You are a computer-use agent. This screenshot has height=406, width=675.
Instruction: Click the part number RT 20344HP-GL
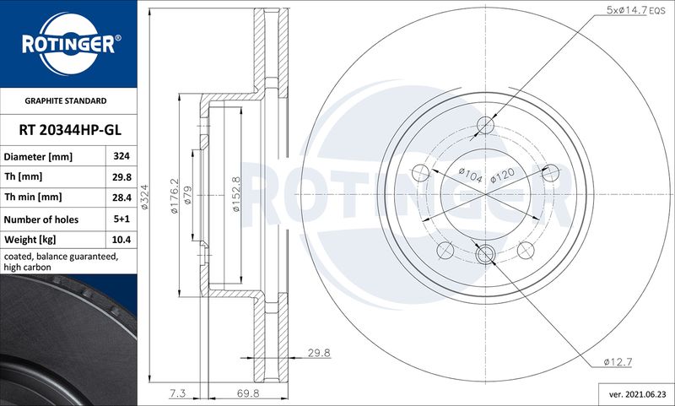coord(70,130)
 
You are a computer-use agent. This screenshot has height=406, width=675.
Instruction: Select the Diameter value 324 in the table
coord(121,156)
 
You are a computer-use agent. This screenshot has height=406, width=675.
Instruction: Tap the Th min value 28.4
coord(121,198)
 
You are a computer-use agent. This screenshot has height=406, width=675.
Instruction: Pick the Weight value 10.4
coord(121,240)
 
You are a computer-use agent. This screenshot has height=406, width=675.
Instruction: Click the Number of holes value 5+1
coord(121,219)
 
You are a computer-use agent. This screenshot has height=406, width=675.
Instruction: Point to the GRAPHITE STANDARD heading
coord(66,100)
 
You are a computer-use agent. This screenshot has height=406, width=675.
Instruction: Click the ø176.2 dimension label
coord(175,196)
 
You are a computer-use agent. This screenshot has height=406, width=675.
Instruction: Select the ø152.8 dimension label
coord(236,194)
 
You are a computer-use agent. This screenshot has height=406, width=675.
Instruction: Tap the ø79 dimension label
coord(187,195)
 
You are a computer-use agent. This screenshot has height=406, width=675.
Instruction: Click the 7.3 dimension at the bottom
coord(177,393)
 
